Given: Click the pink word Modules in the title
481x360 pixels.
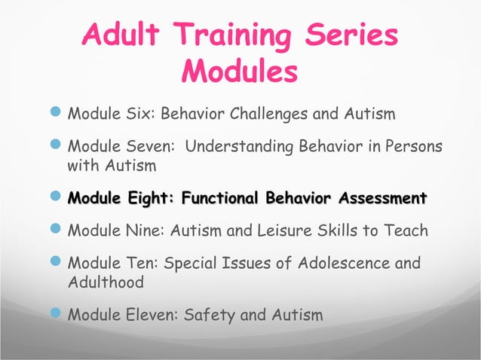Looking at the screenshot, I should (240, 73).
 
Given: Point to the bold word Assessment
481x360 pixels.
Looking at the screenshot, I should (381, 199).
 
